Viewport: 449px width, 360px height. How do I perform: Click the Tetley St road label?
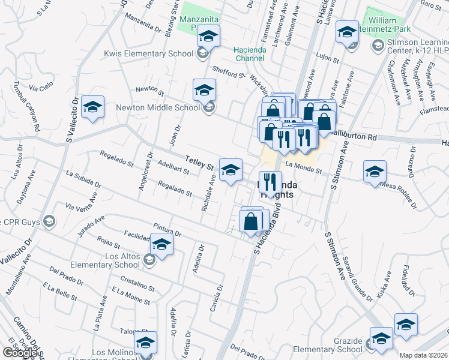click(x=200, y=162)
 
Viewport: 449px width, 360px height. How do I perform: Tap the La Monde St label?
click(x=304, y=167)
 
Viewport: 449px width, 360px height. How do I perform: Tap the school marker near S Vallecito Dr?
click(x=92, y=108)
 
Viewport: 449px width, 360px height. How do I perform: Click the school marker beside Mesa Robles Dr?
click(x=375, y=172)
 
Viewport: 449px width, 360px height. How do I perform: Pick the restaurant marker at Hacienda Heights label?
click(x=271, y=182)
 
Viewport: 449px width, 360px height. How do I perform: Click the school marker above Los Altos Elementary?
click(x=161, y=244)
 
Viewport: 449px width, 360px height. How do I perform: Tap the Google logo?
click(x=19, y=353)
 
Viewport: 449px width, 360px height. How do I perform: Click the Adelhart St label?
click(x=172, y=167)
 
